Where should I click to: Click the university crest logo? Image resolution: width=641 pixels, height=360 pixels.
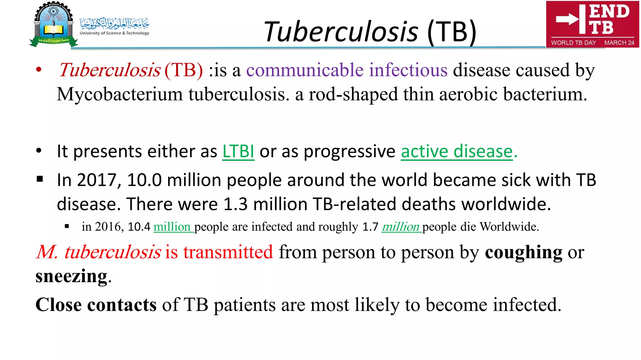[x=54, y=24]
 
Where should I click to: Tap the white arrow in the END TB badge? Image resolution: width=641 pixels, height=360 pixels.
[x=567, y=19]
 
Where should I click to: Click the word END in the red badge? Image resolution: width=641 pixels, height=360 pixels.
[x=609, y=12]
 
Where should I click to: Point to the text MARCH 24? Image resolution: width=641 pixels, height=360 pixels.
[x=619, y=43]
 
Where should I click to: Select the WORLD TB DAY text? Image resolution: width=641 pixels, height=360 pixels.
[x=573, y=43]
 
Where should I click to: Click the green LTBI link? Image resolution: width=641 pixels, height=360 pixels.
[x=238, y=152]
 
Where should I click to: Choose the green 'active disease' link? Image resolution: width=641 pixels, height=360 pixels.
[x=459, y=152]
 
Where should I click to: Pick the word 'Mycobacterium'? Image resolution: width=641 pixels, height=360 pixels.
[x=120, y=94]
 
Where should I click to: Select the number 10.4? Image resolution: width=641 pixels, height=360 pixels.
[x=139, y=227]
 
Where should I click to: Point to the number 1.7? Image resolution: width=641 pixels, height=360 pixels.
[x=370, y=227]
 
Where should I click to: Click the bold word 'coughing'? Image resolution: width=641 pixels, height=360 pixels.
[x=523, y=252]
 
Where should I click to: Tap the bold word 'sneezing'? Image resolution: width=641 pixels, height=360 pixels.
[x=71, y=276]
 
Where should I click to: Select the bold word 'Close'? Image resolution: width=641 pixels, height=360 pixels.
[x=59, y=305]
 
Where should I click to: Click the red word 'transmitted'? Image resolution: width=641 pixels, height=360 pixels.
[x=228, y=252]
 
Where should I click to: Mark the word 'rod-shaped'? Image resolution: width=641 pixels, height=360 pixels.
[x=353, y=94]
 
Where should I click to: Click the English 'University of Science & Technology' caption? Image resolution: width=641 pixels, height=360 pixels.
[x=114, y=33]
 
